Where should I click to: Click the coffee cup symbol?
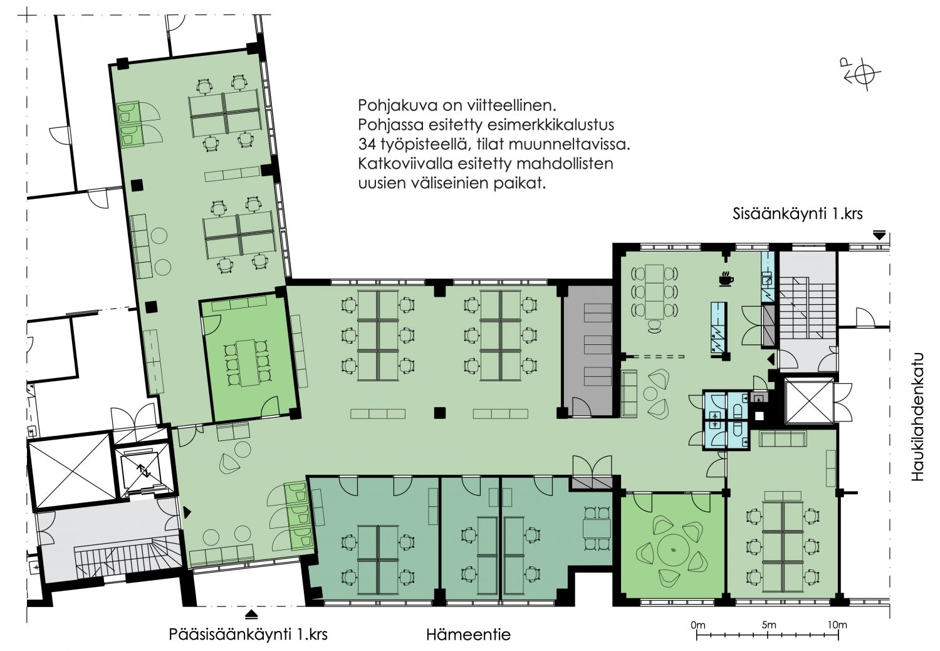(726, 279)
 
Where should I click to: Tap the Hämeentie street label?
(468, 634)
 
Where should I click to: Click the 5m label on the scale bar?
(769, 625)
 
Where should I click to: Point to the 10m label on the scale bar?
(837, 625)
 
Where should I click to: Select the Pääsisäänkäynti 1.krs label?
(248, 634)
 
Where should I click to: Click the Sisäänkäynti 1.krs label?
(797, 214)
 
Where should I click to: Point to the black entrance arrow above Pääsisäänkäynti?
(251, 615)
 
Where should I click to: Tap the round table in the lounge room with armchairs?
(674, 550)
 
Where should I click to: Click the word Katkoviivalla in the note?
(404, 164)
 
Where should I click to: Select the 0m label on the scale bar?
(698, 625)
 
